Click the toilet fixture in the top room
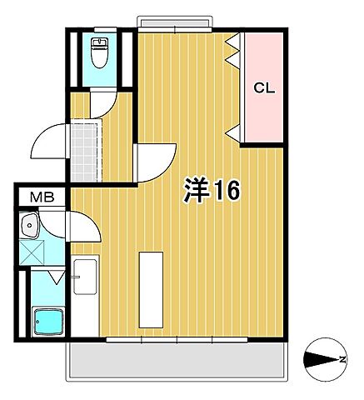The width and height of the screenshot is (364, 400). pyautogui.click(x=99, y=52)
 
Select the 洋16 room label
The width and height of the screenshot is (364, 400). pyautogui.click(x=212, y=191)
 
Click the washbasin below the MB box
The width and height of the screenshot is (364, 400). pyautogui.click(x=32, y=225)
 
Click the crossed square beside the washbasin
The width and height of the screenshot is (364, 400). pyautogui.click(x=32, y=249)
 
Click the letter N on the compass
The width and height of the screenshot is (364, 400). pyautogui.click(x=343, y=360)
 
